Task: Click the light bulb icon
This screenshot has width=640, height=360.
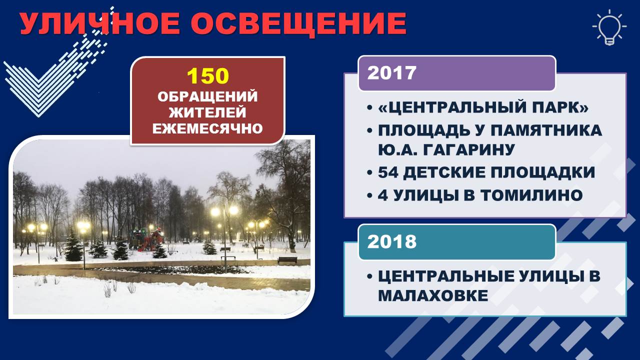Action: coord(609,27)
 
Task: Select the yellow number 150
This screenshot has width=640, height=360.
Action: coord(208,76)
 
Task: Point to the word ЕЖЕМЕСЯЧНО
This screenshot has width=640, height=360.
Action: coord(207,128)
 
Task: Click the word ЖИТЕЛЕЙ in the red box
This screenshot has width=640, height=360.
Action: coord(207,112)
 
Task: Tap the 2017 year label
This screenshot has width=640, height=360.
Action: coord(391,73)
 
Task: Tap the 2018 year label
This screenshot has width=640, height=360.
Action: coord(391,241)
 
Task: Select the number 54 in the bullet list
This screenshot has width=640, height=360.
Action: coord(388,172)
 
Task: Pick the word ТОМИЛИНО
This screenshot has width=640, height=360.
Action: coord(531,195)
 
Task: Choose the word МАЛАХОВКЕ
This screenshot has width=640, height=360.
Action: coord(433,295)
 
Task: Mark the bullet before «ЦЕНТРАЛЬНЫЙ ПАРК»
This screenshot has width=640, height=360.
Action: coord(369,108)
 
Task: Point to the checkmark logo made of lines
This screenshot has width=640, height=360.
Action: coord(55,65)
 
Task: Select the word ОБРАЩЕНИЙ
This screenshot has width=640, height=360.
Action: coord(207,96)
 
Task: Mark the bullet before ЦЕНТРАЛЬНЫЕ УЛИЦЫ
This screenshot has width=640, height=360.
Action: coord(369,276)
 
